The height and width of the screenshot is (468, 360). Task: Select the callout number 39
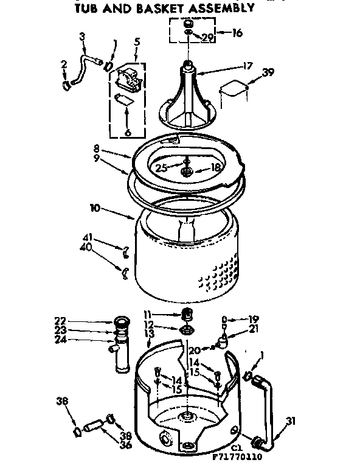click(x=268, y=72)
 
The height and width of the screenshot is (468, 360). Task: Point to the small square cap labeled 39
click(x=234, y=89)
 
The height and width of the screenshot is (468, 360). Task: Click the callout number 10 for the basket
click(x=94, y=208)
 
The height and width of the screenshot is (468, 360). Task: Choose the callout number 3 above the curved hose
click(x=81, y=36)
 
